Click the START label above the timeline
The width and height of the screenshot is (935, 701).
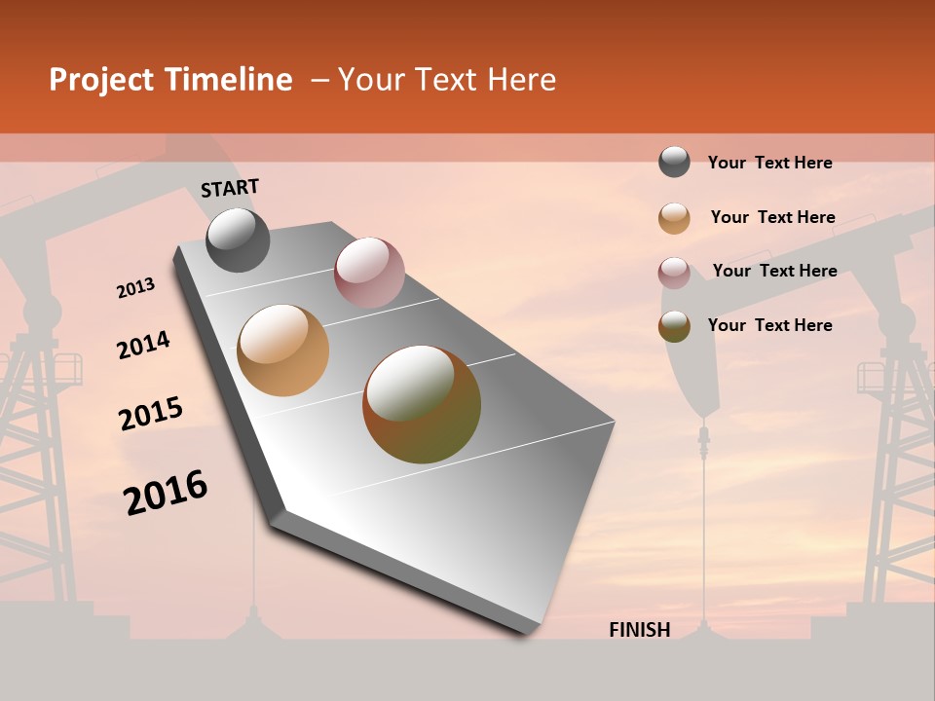coord(230,188)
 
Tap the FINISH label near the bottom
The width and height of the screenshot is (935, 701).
coord(639,630)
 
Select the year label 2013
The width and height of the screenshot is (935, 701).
coord(135,288)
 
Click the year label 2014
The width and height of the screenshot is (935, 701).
coord(143,345)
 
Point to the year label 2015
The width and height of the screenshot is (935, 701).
coord(151,414)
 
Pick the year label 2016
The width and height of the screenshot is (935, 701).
coord(166,493)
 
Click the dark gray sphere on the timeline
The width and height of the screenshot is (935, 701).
coord(238,240)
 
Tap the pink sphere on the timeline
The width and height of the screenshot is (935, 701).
coord(369,272)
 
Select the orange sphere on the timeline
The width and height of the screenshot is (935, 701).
coord(282,350)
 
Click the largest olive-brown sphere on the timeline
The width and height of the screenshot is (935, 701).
coord(422,404)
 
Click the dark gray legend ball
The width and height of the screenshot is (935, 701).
coord(674,162)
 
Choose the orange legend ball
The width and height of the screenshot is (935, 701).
coord(674,218)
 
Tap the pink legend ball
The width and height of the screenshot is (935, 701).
coord(674,273)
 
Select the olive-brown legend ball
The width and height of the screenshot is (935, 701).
coord(674,326)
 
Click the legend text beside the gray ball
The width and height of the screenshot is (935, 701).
coord(769,163)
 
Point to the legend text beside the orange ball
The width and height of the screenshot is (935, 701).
coord(772,217)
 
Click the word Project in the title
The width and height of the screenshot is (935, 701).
coord(102,80)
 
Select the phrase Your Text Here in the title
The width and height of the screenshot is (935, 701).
coord(446,80)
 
